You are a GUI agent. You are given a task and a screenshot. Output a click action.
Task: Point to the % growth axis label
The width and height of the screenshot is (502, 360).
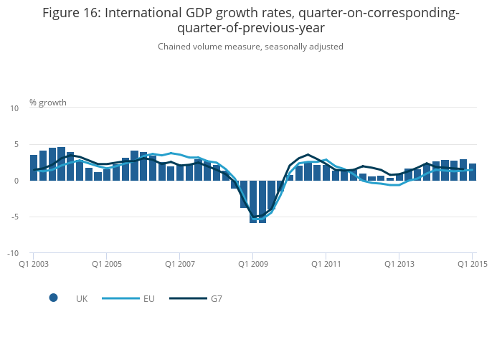48,103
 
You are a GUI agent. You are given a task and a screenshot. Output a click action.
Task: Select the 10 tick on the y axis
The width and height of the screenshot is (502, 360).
14,108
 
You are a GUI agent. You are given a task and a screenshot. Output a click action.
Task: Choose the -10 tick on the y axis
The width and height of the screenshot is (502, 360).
13,254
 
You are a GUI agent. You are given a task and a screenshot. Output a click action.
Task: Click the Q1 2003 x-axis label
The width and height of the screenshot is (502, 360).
33,264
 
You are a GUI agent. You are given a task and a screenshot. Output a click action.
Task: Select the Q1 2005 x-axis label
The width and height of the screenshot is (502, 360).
106,264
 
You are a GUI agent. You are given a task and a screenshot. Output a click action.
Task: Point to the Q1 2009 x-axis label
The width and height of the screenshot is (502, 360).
252,264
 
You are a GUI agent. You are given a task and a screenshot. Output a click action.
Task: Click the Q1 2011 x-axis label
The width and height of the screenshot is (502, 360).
326,264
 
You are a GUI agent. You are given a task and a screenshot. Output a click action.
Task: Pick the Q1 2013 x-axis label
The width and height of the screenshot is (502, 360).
399,264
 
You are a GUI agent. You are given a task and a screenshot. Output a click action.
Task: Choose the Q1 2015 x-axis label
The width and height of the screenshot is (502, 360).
472,264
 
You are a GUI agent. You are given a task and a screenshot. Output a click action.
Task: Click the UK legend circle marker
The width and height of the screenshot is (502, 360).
53,298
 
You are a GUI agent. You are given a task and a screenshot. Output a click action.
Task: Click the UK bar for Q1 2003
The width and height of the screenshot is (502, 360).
34,168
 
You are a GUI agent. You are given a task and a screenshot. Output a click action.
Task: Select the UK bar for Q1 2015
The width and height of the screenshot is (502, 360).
473,172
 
